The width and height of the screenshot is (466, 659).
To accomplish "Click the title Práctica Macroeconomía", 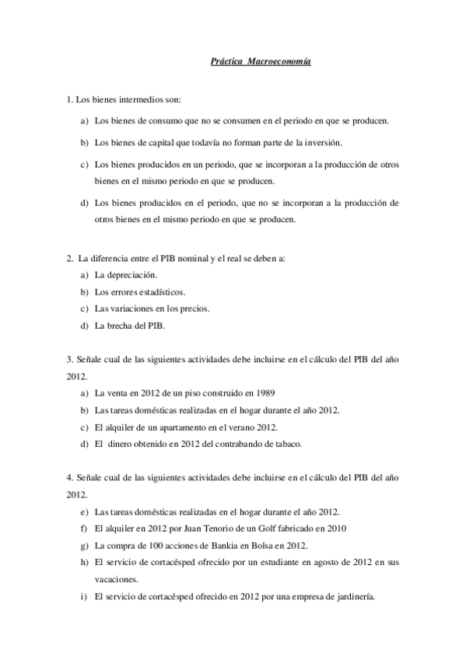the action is click(261, 61).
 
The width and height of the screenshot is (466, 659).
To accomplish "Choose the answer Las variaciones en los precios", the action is click(151, 309).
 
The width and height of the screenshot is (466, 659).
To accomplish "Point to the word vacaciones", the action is click(115, 579).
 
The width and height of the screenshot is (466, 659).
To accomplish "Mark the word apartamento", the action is click(176, 427).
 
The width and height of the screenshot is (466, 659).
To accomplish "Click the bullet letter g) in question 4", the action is click(83, 546).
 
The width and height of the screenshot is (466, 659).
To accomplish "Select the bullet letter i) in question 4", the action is click(83, 597).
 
